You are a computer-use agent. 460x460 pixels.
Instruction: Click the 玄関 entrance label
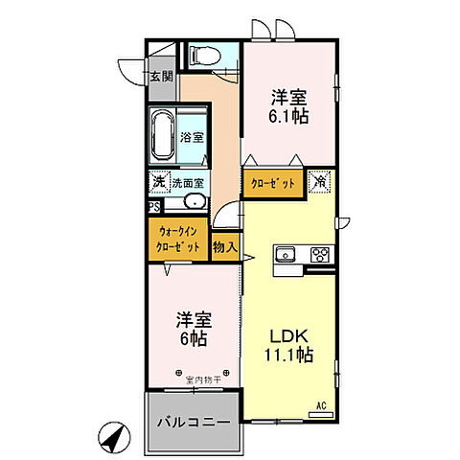coord(160,77)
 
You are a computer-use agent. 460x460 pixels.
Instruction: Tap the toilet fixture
coord(203,57)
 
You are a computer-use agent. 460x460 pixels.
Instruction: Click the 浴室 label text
coord(192,137)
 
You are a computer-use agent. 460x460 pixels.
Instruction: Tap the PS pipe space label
coord(154,204)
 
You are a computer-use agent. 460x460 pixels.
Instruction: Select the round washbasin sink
coord(192,202)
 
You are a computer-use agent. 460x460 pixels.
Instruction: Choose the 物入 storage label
coord(224,246)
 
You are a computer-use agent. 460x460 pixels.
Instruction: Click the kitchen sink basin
coord(286,254)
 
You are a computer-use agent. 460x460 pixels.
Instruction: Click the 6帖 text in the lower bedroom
coord(192,338)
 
